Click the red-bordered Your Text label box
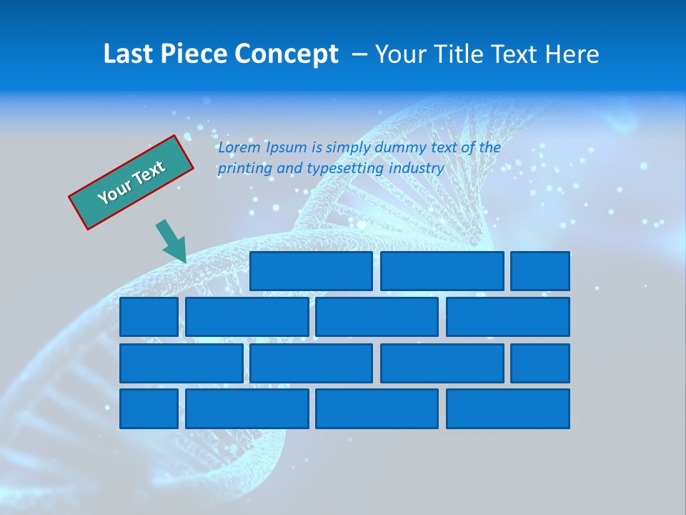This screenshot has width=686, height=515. point(131,182)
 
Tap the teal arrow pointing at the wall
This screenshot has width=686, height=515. point(172,242)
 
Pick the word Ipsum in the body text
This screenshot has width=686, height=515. point(286,147)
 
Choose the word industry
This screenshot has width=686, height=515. point(417,169)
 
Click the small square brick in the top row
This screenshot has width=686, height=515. point(540,271)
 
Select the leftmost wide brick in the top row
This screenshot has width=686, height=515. point(311,271)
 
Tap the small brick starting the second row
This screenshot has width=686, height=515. point(149,317)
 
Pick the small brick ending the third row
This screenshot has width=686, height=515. point(540,363)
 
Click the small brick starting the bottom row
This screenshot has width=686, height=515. point(149,408)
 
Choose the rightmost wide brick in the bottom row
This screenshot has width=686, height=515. point(508,408)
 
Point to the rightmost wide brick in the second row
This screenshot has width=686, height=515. point(508,317)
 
